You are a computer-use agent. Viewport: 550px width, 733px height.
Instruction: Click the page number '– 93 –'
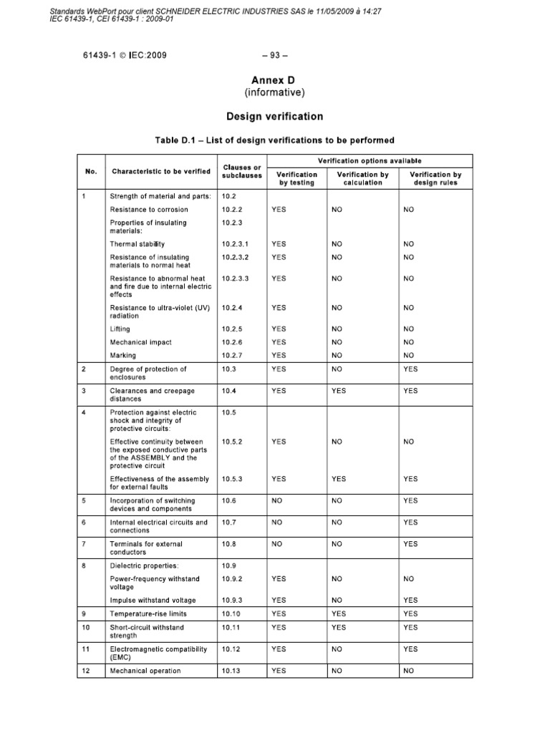point(274,55)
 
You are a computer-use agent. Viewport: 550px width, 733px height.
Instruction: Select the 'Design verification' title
point(274,116)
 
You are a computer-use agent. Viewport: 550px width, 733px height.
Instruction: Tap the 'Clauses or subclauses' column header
point(242,171)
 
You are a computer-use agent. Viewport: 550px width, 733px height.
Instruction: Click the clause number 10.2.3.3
point(235,278)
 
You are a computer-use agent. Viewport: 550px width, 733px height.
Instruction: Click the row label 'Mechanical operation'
point(145,671)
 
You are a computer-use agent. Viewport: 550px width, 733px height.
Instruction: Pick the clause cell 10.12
point(233,649)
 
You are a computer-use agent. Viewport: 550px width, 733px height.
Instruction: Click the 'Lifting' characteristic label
point(120,329)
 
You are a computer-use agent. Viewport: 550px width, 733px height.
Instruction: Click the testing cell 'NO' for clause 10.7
point(278,523)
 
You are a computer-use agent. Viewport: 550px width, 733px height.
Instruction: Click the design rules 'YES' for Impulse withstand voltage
point(410,600)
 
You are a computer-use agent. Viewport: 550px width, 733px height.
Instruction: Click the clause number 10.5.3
point(233,478)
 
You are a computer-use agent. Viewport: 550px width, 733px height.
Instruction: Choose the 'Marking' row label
point(122,355)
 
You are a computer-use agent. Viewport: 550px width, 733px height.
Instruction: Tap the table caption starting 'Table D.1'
point(274,140)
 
